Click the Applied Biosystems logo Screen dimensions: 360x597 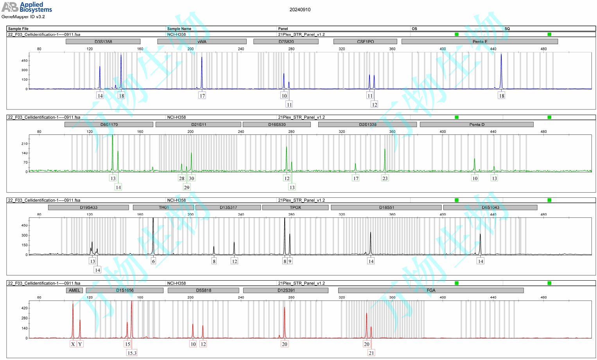[27, 7]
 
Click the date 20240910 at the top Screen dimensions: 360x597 [300, 10]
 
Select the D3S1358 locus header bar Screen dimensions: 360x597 [103, 41]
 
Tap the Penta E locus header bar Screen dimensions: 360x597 [479, 41]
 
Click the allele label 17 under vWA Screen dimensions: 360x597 [202, 96]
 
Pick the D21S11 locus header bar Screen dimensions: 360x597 [198, 125]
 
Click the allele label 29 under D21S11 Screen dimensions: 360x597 [186, 187]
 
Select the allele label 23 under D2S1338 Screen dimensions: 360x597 [385, 178]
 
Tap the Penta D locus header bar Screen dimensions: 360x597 [476, 125]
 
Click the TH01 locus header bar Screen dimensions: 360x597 [163, 208]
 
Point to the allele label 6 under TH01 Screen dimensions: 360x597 [153, 261]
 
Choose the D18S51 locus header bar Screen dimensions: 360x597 [386, 208]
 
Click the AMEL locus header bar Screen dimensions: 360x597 [74, 290]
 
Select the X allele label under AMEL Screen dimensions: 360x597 [73, 344]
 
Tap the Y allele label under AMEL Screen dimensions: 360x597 [80, 344]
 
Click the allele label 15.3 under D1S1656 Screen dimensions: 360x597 [132, 353]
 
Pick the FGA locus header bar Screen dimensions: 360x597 [430, 290]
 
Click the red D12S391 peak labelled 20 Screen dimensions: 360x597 [284, 321]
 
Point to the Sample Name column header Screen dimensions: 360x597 [179, 29]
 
